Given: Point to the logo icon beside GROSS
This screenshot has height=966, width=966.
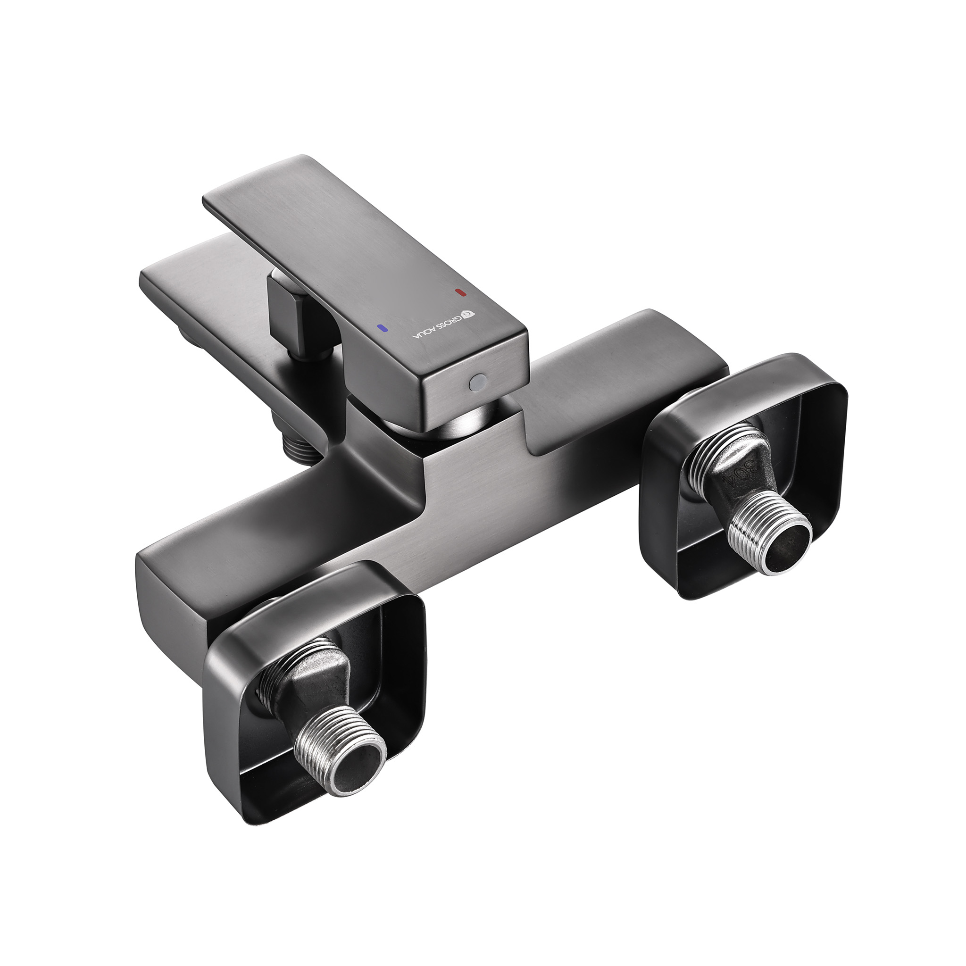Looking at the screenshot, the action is pyautogui.click(x=469, y=314).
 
